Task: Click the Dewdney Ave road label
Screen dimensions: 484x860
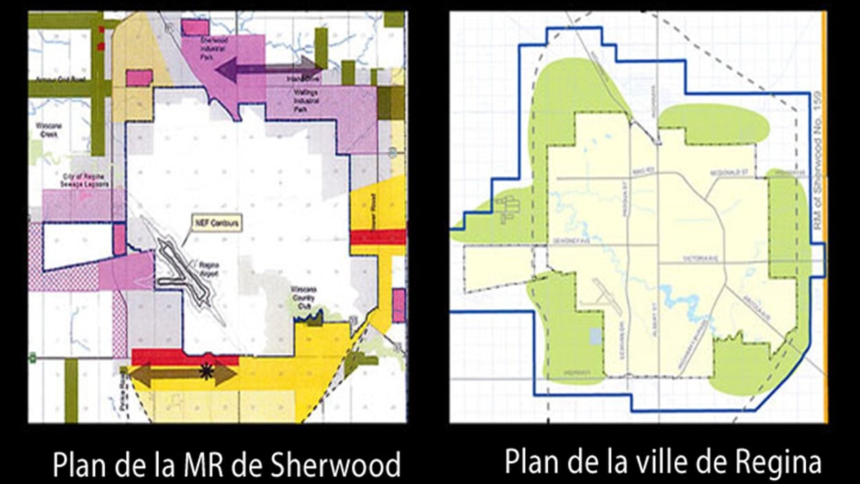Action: (x=568, y=241)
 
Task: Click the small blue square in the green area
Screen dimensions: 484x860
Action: (x=595, y=336)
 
